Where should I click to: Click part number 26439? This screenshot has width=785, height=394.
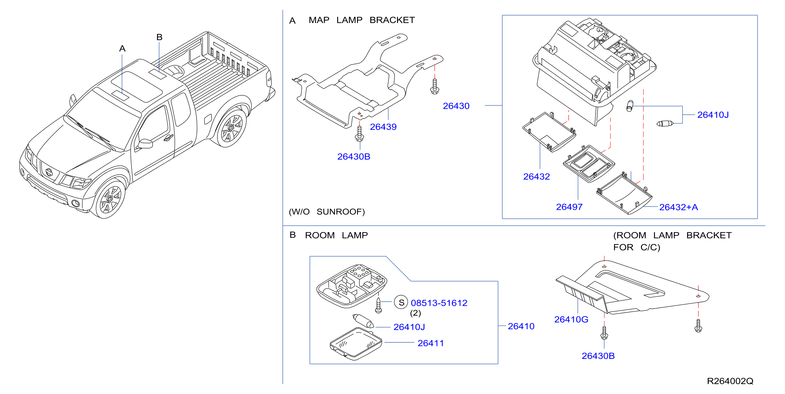(383, 127)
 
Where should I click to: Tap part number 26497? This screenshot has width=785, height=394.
(569, 207)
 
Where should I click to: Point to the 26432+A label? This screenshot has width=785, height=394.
(678, 207)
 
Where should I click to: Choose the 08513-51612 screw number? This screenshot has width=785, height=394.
(439, 303)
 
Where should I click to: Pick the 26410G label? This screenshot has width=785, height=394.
(571, 319)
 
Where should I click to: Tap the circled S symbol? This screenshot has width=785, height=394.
(401, 302)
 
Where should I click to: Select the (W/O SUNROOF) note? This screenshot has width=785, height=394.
(327, 212)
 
